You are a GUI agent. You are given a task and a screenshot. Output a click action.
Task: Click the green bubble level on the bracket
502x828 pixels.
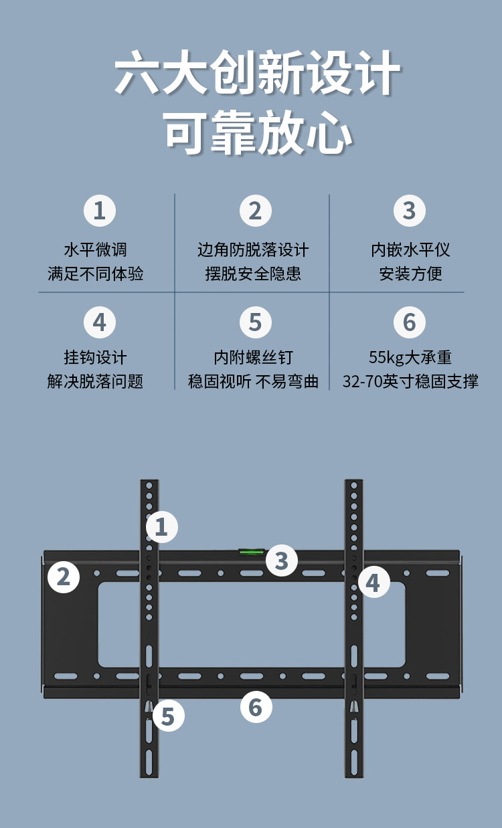tap(251, 552)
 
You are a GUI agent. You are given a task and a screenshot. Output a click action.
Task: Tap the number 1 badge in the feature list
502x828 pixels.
tap(100, 211)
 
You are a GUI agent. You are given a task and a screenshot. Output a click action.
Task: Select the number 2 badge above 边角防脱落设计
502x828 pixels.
tap(255, 211)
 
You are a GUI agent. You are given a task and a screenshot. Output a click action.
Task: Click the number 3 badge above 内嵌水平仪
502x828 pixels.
tap(409, 211)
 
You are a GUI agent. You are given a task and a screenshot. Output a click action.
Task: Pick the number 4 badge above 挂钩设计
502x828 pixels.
tap(100, 322)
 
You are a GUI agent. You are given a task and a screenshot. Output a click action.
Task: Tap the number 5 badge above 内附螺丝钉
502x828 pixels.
tap(255, 322)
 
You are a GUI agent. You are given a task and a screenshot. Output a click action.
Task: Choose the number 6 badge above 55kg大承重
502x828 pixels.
tap(409, 322)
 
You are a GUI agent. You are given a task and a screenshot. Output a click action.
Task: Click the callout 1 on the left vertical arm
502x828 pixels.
tap(162, 527)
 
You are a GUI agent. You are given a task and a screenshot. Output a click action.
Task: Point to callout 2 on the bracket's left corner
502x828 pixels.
tap(64, 577)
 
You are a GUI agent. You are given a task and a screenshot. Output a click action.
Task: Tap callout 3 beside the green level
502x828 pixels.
tap(282, 560)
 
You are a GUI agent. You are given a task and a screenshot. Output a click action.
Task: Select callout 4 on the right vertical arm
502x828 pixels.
tap(373, 582)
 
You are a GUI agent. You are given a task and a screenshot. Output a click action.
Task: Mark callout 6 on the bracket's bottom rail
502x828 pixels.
tap(256, 706)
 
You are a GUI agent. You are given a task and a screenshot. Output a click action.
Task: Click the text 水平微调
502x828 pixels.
tap(96, 250)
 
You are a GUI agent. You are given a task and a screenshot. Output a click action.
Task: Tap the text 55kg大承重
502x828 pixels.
tap(410, 357)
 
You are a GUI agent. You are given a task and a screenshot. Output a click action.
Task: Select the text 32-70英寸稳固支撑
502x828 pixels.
tap(410, 381)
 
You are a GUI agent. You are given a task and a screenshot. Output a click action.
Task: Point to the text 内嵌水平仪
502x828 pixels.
tap(410, 250)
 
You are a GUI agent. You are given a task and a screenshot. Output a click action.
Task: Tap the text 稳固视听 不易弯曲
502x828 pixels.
tap(253, 381)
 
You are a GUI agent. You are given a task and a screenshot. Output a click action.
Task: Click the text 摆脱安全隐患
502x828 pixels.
tap(253, 274)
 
